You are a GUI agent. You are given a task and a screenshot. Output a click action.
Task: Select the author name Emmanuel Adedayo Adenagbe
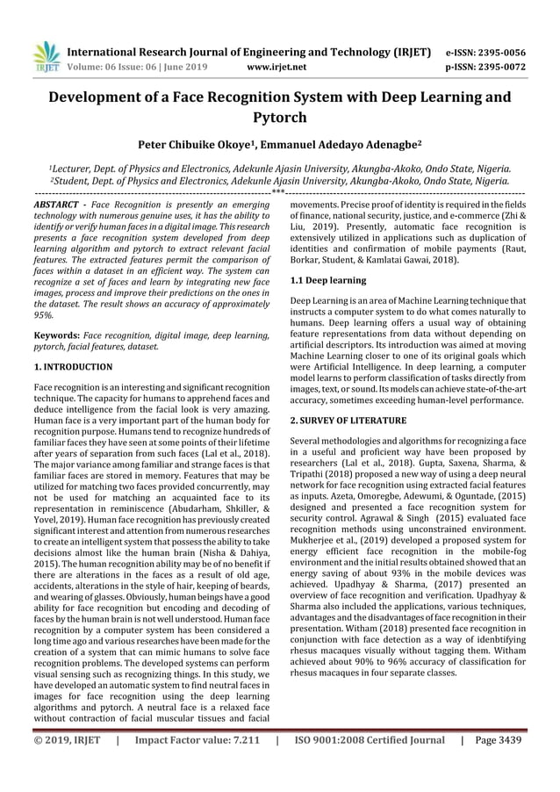pyautogui.click(x=333, y=144)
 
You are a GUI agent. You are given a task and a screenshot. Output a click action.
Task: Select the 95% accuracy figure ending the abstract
pyautogui.click(x=43, y=314)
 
